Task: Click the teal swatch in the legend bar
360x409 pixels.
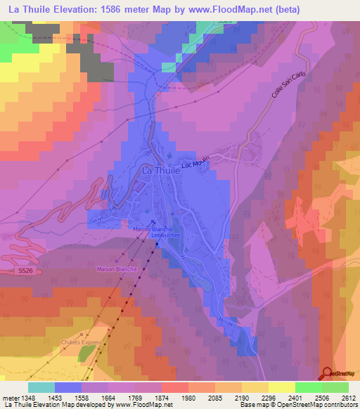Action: point(41,387)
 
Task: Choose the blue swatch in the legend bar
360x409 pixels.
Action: point(68,387)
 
